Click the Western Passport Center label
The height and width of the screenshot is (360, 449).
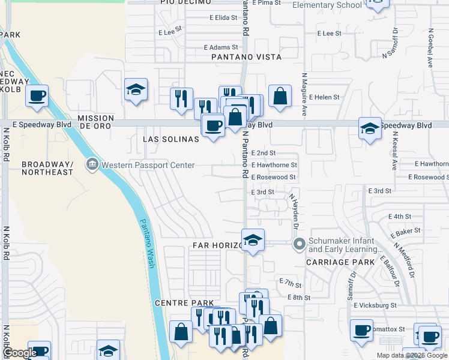click(148, 165)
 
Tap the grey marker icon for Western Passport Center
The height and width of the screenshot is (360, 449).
click(92, 164)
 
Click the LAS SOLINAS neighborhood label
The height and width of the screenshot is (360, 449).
click(170, 139)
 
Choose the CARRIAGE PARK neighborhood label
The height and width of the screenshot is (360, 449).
click(340, 262)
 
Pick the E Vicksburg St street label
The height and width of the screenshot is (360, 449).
click(375, 305)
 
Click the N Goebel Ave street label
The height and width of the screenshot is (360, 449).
click(430, 46)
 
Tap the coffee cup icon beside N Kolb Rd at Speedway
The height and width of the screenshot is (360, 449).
click(37, 96)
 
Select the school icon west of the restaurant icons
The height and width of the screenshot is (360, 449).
click(136, 91)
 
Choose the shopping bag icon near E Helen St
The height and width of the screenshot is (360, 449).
click(280, 96)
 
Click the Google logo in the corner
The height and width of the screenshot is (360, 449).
click(20, 353)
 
